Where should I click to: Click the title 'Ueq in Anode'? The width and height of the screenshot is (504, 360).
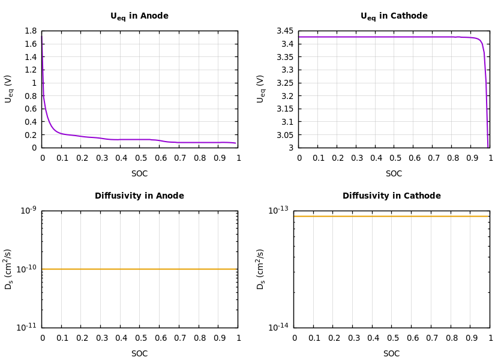click(x=139, y=16)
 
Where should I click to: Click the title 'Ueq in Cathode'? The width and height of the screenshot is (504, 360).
click(x=394, y=16)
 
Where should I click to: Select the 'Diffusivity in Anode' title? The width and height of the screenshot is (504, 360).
click(x=139, y=196)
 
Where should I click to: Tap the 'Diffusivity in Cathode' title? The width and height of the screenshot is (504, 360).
click(x=391, y=196)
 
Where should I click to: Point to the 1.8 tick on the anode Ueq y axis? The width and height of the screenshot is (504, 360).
click(x=30, y=31)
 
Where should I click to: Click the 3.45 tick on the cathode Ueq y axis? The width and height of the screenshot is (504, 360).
click(x=284, y=31)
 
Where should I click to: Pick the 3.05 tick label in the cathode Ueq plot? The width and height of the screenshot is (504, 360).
click(x=284, y=135)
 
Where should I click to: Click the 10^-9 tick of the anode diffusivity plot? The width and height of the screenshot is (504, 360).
click(x=28, y=209)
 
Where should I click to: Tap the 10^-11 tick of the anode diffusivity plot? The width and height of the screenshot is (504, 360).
click(x=28, y=327)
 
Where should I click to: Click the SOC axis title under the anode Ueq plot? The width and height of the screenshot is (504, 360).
click(x=139, y=174)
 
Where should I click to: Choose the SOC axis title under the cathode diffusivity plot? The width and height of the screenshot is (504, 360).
click(x=391, y=354)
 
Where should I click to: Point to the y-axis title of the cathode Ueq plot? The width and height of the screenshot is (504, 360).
click(x=261, y=89)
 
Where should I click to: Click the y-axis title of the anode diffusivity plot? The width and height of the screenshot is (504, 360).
click(x=9, y=269)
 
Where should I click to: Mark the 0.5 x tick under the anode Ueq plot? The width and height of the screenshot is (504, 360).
click(x=140, y=158)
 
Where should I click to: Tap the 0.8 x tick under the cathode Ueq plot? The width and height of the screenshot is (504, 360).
click(x=453, y=158)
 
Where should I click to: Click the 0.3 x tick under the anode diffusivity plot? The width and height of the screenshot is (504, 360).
click(x=101, y=338)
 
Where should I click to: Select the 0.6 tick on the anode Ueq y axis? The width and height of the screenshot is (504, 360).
click(x=30, y=109)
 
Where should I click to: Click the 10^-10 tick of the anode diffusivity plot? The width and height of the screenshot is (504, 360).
click(x=28, y=269)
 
